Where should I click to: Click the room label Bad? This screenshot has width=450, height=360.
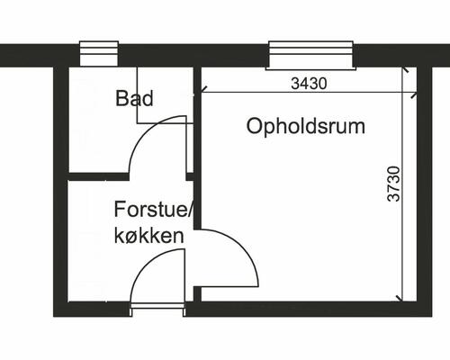[134, 98]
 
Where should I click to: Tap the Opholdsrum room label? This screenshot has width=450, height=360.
[306, 126]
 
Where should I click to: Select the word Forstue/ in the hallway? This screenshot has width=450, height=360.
[154, 210]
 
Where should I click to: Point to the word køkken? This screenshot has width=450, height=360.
[149, 235]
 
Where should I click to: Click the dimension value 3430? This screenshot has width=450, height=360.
[309, 83]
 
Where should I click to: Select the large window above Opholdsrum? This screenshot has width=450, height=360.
[310, 55]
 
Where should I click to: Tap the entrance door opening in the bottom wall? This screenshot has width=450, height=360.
[157, 309]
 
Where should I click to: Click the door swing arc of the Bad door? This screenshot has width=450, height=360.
[142, 144]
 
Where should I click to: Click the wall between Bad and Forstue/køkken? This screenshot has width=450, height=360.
[99, 175]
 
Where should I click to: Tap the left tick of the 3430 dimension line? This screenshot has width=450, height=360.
[202, 90]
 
